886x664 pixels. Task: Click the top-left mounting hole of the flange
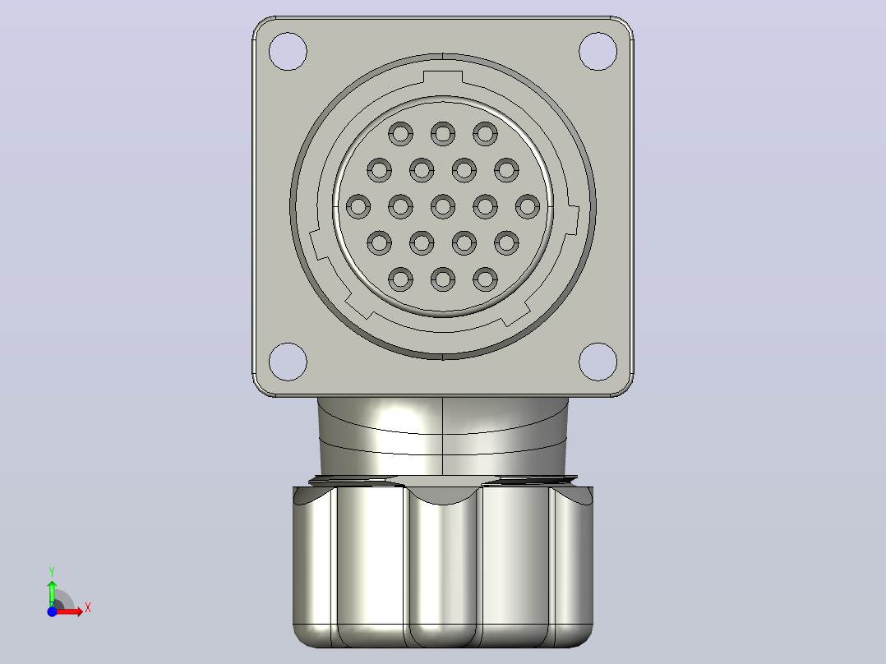(288, 52)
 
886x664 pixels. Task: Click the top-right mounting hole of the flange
(598, 52)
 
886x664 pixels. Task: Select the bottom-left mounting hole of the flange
(288, 362)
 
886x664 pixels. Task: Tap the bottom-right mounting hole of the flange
(598, 362)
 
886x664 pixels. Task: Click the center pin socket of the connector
(443, 207)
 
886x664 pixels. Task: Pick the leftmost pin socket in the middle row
(358, 207)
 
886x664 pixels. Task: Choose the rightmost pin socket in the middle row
(528, 207)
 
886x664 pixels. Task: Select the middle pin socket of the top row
(443, 135)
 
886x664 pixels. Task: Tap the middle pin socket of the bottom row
(443, 279)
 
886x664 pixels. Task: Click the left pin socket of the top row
(400, 135)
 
